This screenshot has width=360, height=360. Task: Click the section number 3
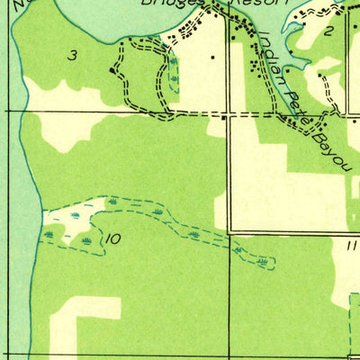tap(72, 56)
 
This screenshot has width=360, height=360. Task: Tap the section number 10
tap(112, 239)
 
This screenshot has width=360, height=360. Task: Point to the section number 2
tap(329, 31)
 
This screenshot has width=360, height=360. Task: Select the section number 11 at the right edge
tap(350, 244)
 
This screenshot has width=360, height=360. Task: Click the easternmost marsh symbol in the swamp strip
tap(261, 262)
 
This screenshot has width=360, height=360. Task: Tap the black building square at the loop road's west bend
tap(112, 69)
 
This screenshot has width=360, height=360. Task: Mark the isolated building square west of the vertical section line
tap(212, 59)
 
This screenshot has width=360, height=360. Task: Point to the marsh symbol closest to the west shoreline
tap(49, 234)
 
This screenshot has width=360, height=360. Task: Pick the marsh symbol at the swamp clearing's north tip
tap(112, 201)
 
